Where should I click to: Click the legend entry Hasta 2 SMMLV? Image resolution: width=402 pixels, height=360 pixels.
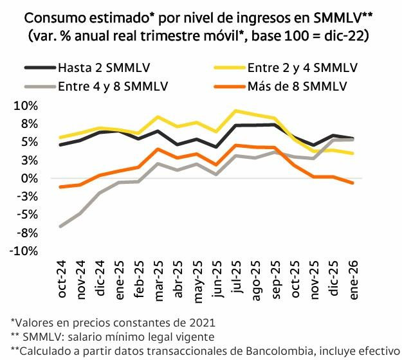coord(93,67)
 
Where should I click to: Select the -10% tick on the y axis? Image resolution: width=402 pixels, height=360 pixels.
coord(24,251)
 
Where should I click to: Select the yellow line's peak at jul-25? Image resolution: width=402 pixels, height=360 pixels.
coord(237,111)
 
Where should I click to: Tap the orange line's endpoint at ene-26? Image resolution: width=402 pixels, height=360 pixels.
coord(353,183)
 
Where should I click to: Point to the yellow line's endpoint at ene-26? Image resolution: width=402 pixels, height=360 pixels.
coord(353,154)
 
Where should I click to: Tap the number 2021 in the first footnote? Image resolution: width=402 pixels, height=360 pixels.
coord(202,321)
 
